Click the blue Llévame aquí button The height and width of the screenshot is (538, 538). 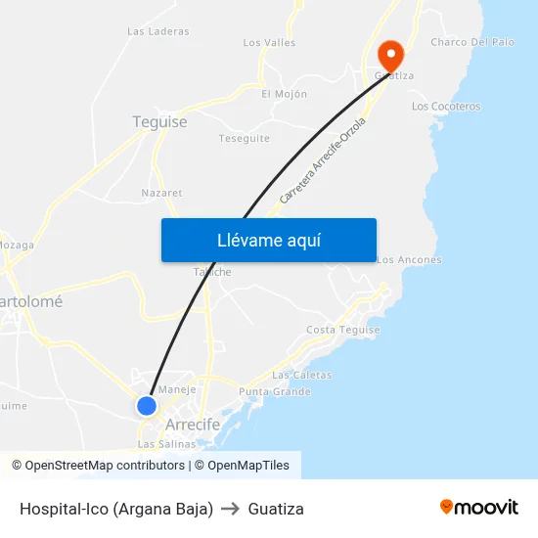tap(268, 240)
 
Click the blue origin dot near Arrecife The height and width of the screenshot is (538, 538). tap(147, 405)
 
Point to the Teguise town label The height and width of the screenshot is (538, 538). tap(159, 122)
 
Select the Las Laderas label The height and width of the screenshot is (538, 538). tap(157, 31)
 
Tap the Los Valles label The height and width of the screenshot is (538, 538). tap(269, 43)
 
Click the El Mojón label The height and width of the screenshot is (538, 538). tap(284, 94)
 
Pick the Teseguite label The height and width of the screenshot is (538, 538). tap(244, 139)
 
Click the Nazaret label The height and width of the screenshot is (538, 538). tap(161, 193)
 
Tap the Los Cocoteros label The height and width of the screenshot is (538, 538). tap(446, 106)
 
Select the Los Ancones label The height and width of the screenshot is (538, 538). tap(409, 260)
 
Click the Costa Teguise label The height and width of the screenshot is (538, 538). tap(342, 330)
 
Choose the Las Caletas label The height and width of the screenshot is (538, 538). tap(301, 375)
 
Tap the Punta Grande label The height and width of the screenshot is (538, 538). tap(274, 392)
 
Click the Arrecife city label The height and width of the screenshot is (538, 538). tap(193, 425)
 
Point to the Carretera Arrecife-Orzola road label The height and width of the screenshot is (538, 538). tap(322, 161)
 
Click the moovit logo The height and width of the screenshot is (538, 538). tap(479, 508)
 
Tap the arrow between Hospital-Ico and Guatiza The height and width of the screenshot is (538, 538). tap(231, 509)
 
